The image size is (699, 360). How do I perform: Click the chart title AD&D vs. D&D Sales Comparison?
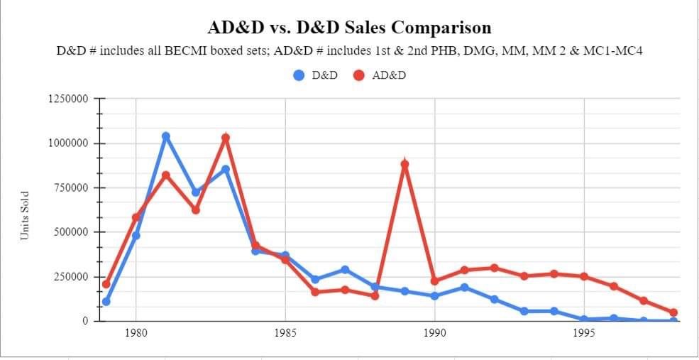(349, 28)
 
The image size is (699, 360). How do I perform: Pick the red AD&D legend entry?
(380, 75)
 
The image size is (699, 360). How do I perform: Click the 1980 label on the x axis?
(136, 332)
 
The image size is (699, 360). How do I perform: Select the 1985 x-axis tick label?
(285, 332)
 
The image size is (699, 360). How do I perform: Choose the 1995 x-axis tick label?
(584, 332)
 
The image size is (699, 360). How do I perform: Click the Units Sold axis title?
(25, 214)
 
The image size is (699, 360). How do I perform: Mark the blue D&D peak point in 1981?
(166, 136)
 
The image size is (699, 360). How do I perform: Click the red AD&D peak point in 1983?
(226, 138)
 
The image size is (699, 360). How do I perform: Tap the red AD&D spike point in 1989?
(404, 164)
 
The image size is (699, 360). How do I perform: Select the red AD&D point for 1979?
(106, 284)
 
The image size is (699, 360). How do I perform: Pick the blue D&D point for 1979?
(106, 302)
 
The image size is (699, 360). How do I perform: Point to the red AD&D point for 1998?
(673, 312)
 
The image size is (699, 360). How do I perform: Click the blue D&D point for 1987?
(345, 270)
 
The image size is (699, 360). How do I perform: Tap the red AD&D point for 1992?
(494, 268)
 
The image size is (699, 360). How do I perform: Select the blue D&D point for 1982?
(196, 192)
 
